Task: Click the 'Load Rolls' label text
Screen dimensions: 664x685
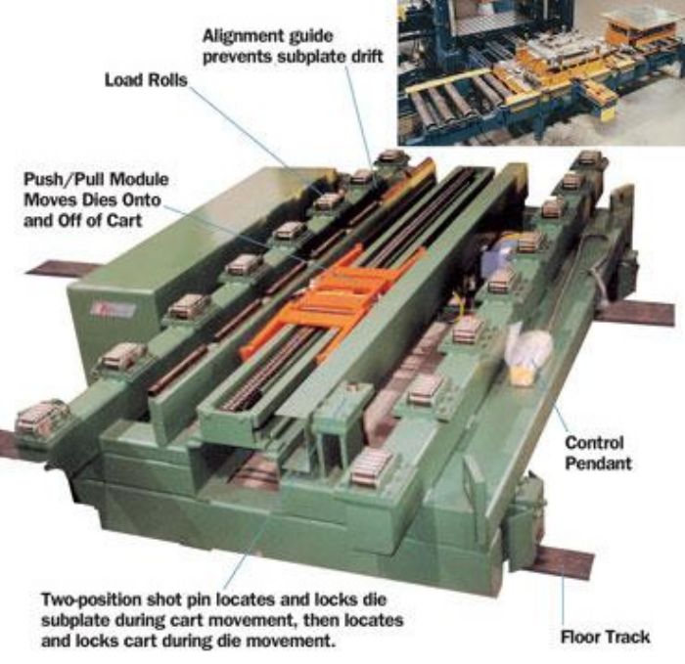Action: tap(146, 79)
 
